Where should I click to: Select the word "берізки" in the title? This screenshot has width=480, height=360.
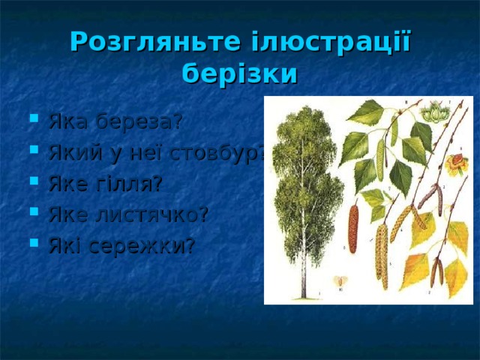[240, 74]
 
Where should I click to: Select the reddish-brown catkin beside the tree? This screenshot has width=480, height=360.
[353, 228]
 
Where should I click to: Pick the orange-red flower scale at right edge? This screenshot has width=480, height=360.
[454, 164]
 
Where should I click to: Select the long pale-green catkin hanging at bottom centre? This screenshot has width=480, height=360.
[380, 255]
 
